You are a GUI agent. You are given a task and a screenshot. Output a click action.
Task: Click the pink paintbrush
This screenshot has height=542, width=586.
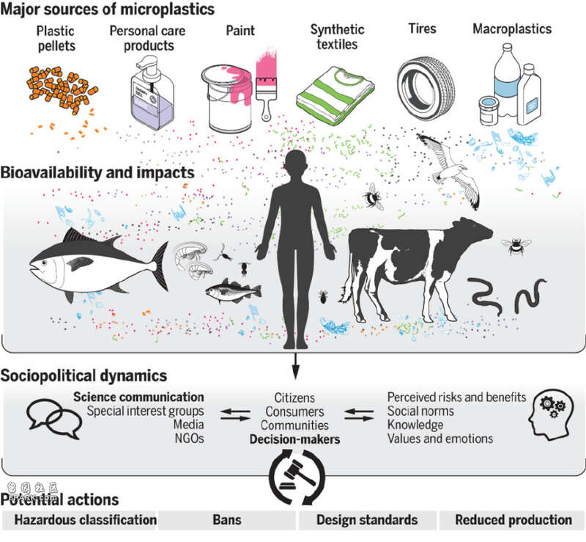(x=266, y=87)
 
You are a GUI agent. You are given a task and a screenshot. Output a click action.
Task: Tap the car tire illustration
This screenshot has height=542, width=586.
(x=426, y=88)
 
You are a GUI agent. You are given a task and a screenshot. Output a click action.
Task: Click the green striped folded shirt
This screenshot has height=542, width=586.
(x=335, y=95)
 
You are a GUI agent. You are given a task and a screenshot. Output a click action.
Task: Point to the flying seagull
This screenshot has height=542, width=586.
(x=450, y=169)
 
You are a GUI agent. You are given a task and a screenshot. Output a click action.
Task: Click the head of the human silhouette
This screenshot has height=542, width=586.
(x=296, y=165)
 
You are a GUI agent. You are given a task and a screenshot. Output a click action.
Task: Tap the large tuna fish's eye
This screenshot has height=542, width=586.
(x=45, y=263)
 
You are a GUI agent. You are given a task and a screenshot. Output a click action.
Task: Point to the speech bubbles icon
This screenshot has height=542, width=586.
(x=54, y=419)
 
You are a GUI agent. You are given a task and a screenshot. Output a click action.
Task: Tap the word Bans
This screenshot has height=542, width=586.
(x=227, y=520)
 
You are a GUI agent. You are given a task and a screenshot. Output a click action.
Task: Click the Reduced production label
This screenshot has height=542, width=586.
(x=513, y=520)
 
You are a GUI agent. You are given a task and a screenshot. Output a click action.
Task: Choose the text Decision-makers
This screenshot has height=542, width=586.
(x=295, y=439)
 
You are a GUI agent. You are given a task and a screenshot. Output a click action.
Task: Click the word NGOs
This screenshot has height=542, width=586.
(x=189, y=439)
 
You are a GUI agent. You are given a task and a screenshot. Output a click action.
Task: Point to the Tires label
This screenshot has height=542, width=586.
(x=423, y=29)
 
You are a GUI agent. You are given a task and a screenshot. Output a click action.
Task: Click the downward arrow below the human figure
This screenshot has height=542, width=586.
(x=296, y=366)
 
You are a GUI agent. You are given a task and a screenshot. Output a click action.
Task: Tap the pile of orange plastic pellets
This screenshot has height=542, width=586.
(x=62, y=89)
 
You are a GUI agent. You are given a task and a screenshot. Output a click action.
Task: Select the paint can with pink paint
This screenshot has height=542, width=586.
(x=227, y=98)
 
